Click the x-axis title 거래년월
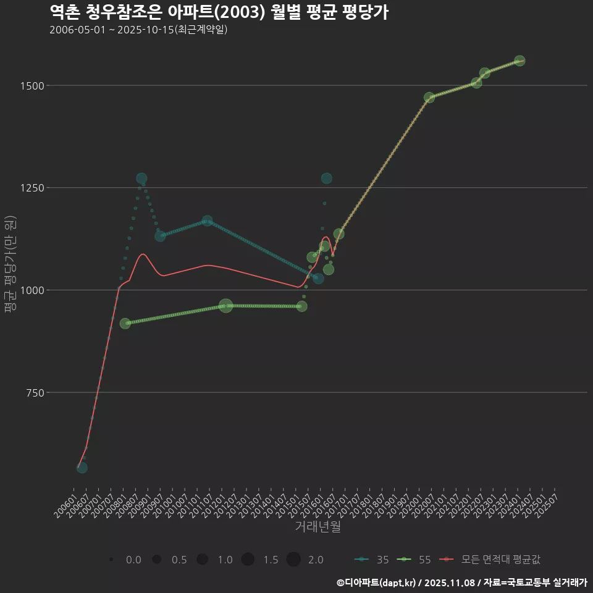pyautogui.click(x=318, y=526)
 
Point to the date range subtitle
pyautogui.click(x=138, y=30)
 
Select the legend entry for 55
pyautogui.click(x=414, y=560)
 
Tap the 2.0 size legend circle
pyautogui.click(x=293, y=560)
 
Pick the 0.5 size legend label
pyautogui.click(x=179, y=560)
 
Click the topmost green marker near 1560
pyautogui.click(x=519, y=61)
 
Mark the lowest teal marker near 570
pyautogui.click(x=82, y=468)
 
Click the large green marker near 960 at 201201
pyautogui.click(x=226, y=306)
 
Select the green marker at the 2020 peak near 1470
pyautogui.click(x=429, y=98)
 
